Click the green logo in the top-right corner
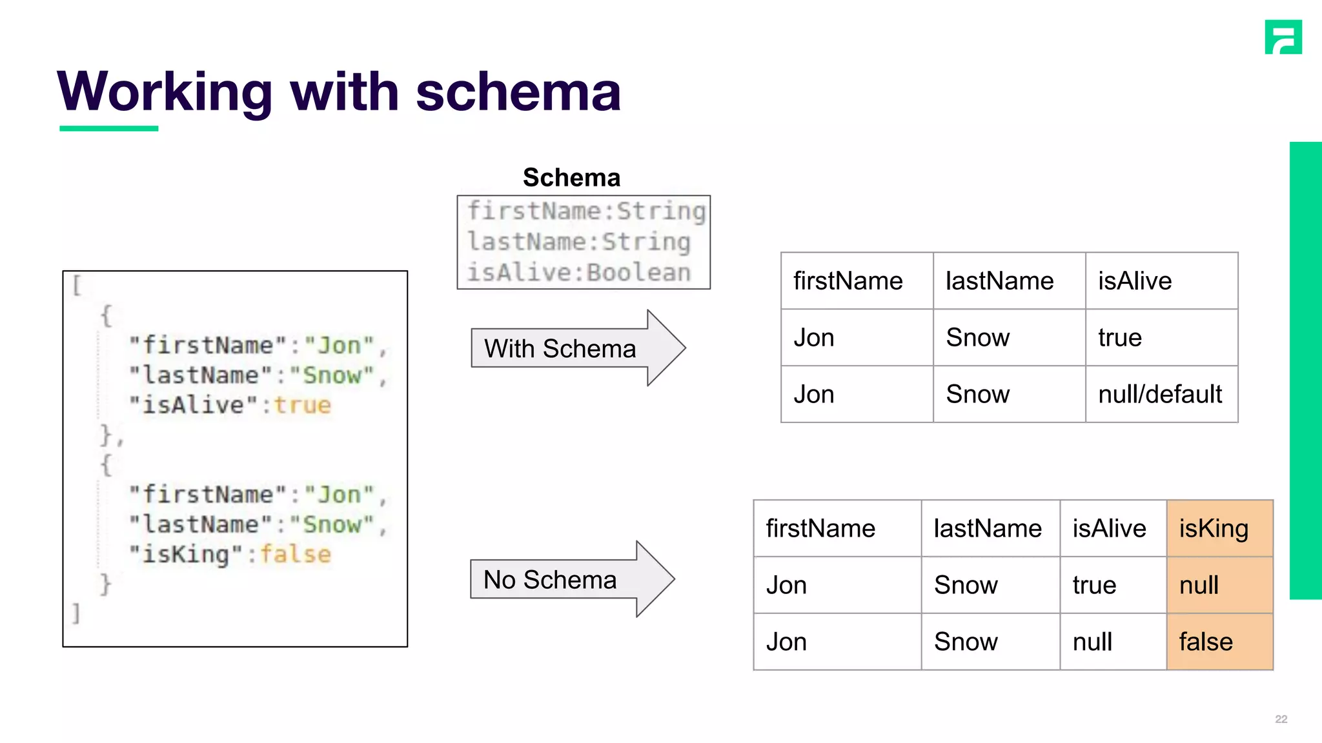(1283, 37)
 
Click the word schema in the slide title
(518, 92)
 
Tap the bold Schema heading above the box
(571, 177)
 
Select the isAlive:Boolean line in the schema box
(579, 272)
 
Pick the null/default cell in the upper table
(1160, 394)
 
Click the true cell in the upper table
(1120, 338)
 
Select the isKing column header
(1214, 528)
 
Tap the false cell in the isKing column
(1206, 642)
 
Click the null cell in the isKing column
(1199, 585)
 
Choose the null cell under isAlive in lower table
(1092, 642)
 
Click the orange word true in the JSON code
(302, 405)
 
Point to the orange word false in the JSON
(296, 555)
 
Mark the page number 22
(1281, 719)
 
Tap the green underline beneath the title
(108, 128)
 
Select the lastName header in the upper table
(999, 281)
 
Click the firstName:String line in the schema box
(586, 212)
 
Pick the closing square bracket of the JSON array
(76, 613)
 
